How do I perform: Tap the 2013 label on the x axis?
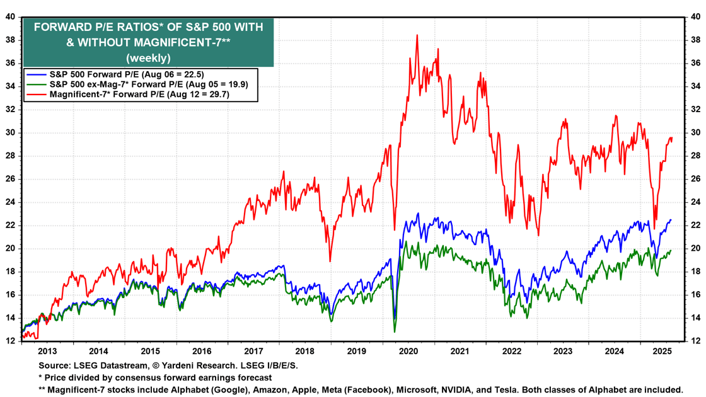pyautogui.click(x=47, y=350)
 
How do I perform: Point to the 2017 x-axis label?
pyautogui.click(x=253, y=350)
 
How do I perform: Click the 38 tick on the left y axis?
pyautogui.click(x=11, y=40)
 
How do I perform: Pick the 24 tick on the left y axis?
pyautogui.click(x=11, y=202)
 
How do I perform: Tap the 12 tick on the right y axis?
pyautogui.click(x=695, y=341)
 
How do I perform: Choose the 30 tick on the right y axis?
pyautogui.click(x=695, y=133)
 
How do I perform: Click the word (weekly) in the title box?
pyautogui.click(x=148, y=58)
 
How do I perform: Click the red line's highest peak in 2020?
pyautogui.click(x=417, y=35)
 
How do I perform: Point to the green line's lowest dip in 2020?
pyautogui.click(x=395, y=331)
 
